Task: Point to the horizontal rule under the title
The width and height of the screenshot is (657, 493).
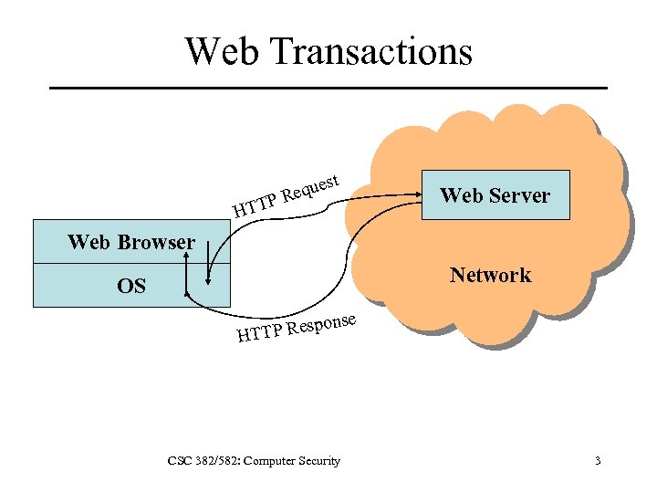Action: click(328, 88)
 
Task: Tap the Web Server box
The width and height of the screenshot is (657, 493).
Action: click(495, 194)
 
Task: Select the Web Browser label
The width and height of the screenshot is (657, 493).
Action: click(131, 242)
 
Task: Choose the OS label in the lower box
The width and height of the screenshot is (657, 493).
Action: click(131, 286)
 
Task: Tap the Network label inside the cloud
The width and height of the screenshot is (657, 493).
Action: click(490, 275)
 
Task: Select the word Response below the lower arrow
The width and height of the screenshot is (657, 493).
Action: click(320, 324)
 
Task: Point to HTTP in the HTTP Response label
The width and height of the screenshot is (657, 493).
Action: click(259, 334)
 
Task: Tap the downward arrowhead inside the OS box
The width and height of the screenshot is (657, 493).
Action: click(209, 279)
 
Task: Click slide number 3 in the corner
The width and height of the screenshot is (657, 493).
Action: click(598, 461)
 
